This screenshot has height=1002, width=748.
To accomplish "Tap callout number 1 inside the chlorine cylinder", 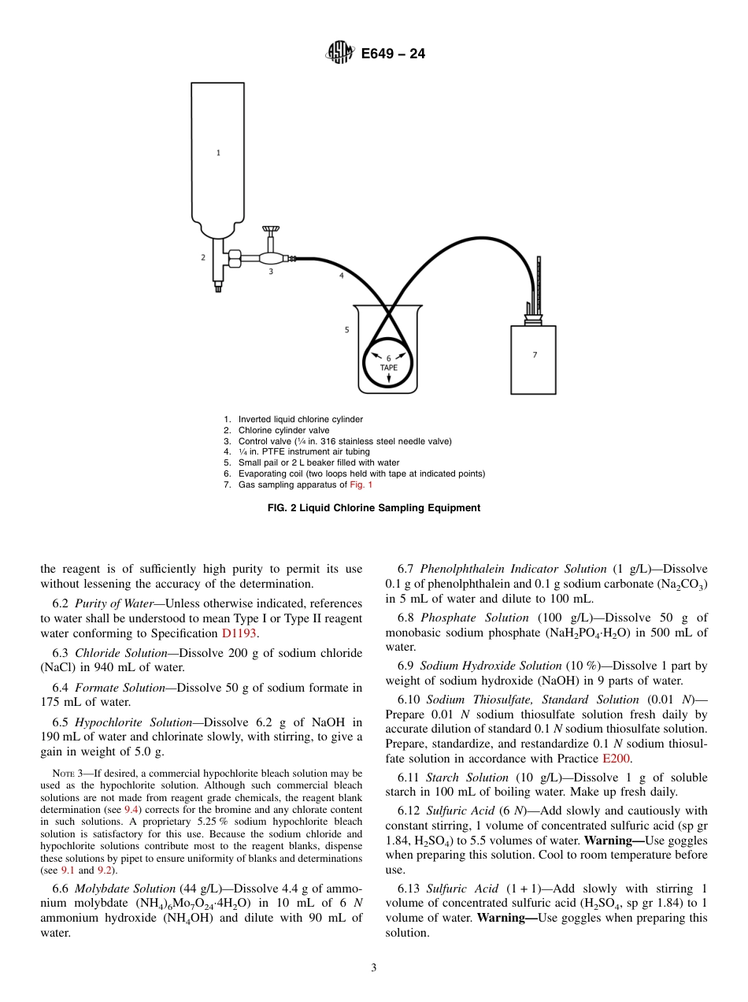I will (x=218, y=153).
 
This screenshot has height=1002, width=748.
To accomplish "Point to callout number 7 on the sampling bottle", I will (x=535, y=354).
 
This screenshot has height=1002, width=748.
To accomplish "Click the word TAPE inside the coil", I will (x=388, y=367).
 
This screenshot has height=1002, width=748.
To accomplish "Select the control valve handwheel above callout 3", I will (x=272, y=230).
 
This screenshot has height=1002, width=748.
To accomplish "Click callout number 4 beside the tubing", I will (x=341, y=276).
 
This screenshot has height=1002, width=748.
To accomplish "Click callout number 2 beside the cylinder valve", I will (x=203, y=257).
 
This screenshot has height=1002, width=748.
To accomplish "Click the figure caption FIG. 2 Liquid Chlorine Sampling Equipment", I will (x=374, y=508).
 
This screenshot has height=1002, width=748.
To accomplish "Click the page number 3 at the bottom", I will (x=374, y=968).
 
